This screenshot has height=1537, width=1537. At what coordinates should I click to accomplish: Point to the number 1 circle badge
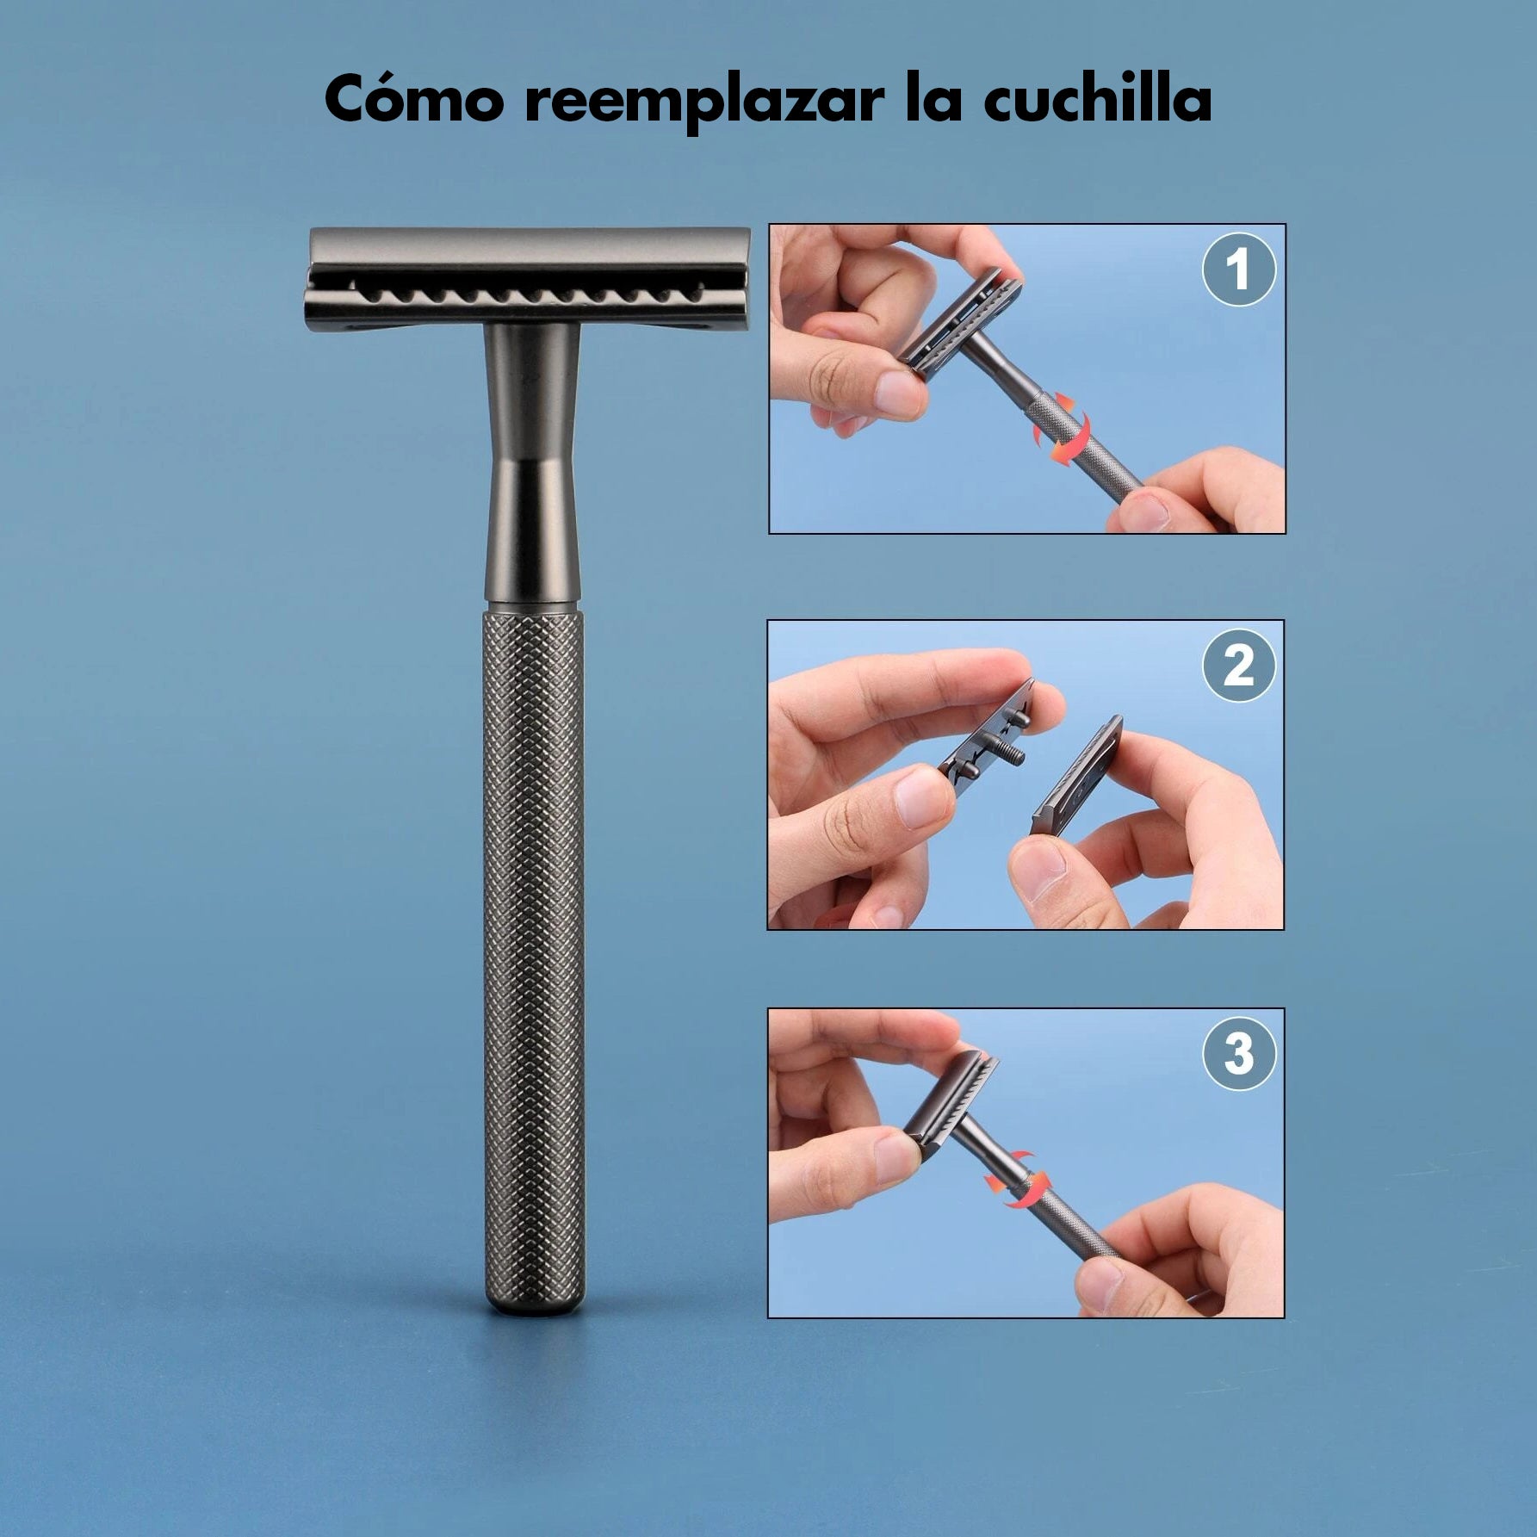[x=1238, y=270]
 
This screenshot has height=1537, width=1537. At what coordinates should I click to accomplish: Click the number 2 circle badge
[x=1238, y=666]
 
